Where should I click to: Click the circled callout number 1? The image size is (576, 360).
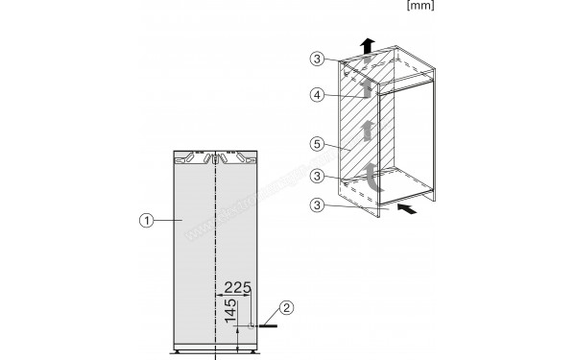[x=143, y=220]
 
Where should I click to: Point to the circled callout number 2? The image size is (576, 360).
[x=284, y=309]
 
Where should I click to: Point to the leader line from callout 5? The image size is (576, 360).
[x=342, y=148]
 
